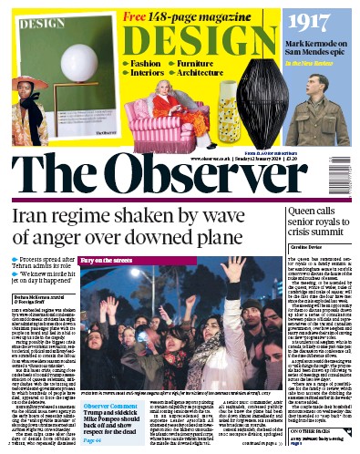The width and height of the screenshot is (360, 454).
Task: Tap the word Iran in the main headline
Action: pyautogui.click(x=28, y=217)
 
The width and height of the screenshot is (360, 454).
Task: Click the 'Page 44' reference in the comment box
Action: pyautogui.click(x=95, y=415)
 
